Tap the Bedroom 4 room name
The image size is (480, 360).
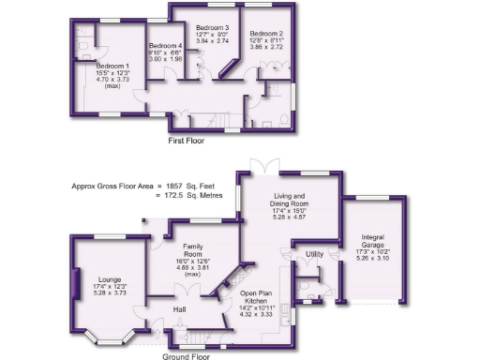point(166,46)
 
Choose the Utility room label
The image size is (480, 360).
point(314,254)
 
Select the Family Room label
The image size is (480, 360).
point(193,250)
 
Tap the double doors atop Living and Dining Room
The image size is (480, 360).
point(269,166)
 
